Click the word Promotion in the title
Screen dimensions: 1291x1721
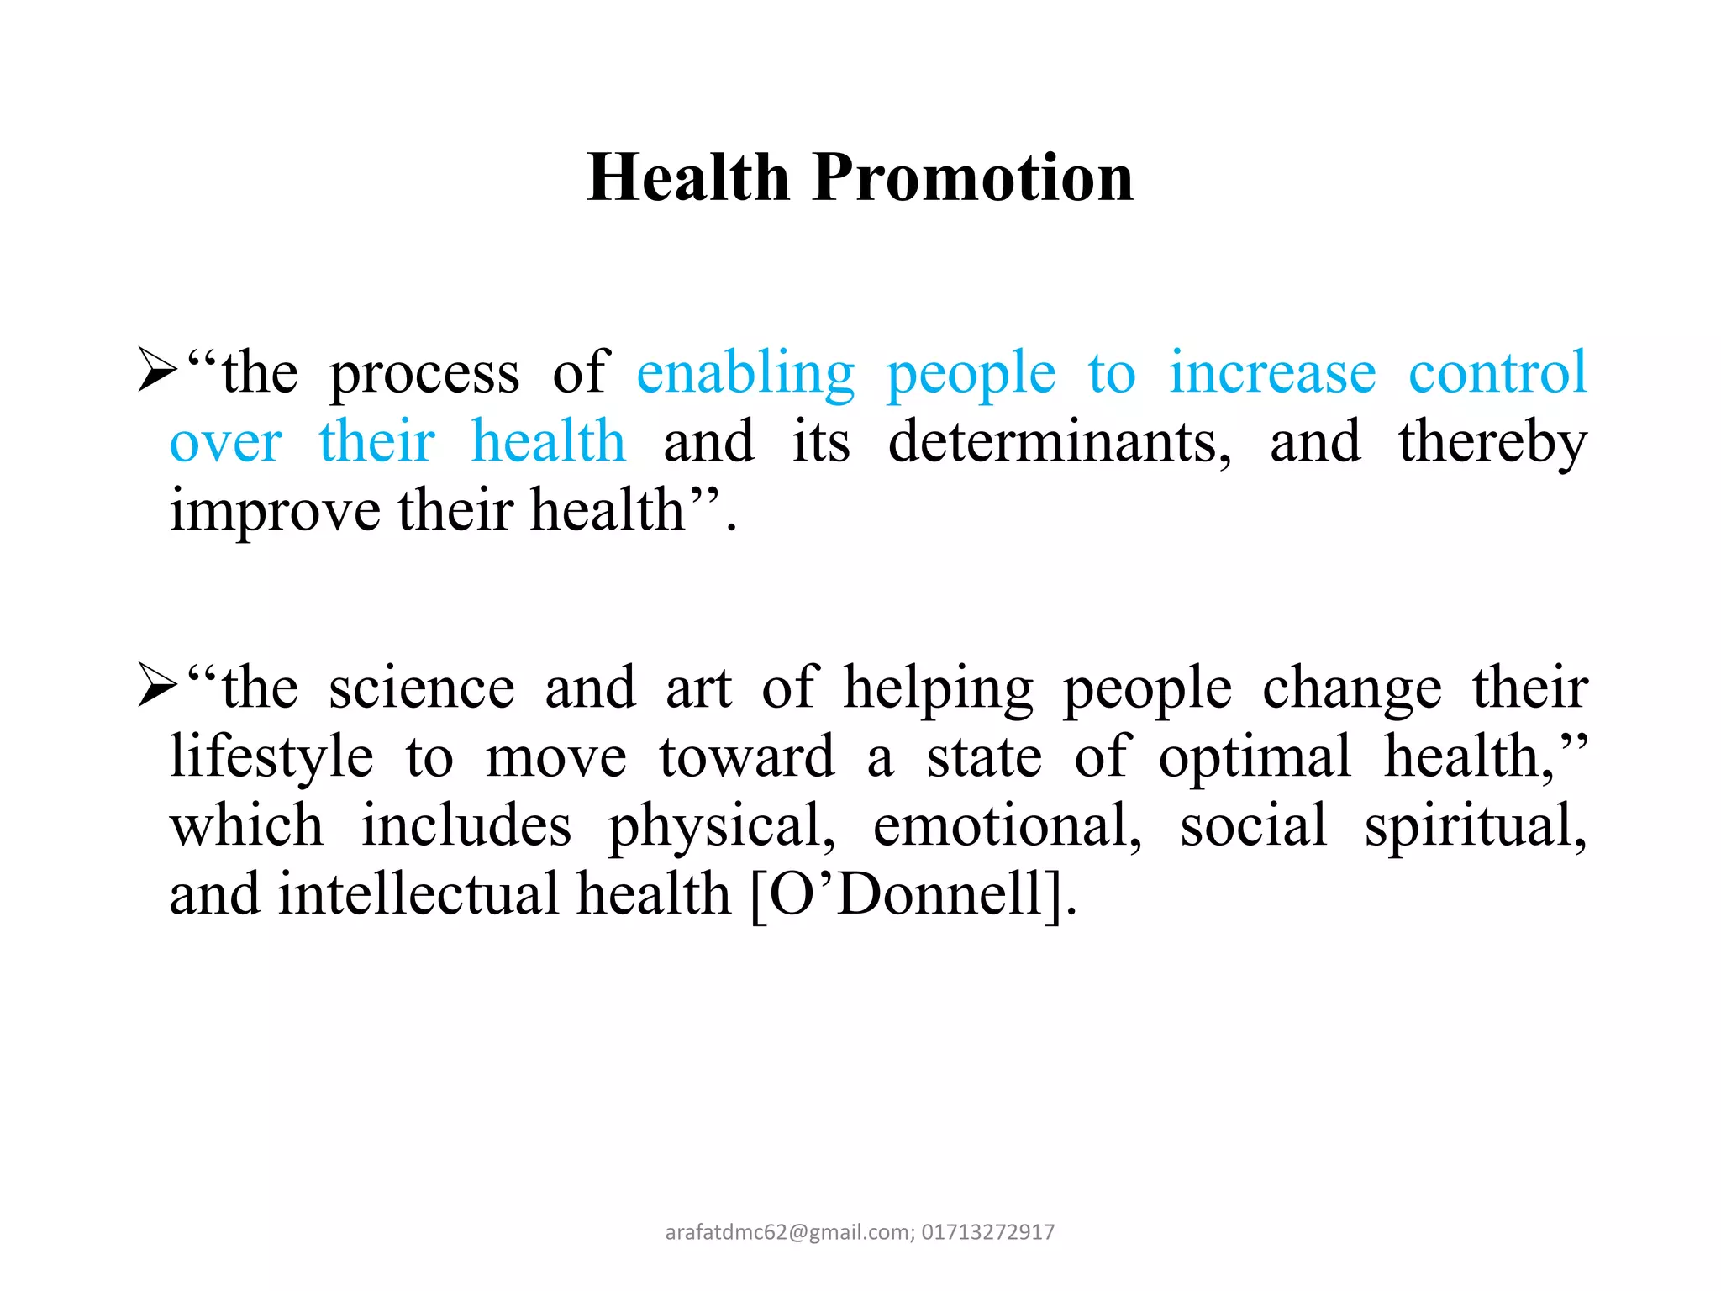tap(973, 178)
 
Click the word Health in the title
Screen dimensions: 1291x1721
tap(688, 178)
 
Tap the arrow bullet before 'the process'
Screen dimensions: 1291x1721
tap(157, 371)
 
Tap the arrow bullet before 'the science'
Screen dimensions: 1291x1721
tap(157, 687)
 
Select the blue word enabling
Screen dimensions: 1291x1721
tap(745, 374)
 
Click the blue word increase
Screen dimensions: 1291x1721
tap(1272, 372)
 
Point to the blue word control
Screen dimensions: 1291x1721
tap(1497, 372)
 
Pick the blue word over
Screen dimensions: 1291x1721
tap(225, 443)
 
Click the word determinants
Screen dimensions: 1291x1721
tap(1059, 442)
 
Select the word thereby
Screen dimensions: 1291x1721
tap(1492, 443)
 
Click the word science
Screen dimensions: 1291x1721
tap(421, 688)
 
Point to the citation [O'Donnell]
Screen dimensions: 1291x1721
tap(912, 894)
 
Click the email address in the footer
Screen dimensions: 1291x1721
tap(789, 1232)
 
